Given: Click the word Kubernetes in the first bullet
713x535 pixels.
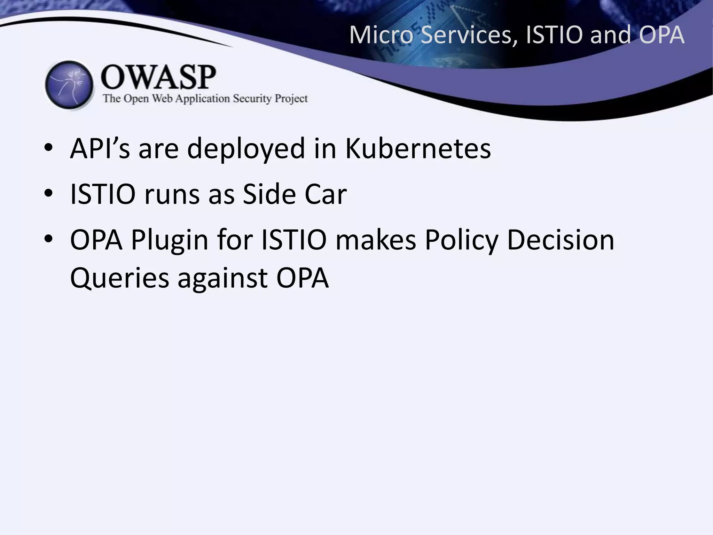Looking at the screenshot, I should tap(418, 149).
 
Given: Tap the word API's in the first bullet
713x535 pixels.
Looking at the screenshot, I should tap(100, 149).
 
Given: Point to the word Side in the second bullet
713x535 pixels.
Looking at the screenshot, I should tap(269, 194).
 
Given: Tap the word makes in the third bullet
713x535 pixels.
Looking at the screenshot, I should tap(376, 240).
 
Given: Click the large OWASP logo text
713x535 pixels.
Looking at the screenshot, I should tap(158, 77).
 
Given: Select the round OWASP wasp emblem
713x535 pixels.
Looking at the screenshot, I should tap(69, 85).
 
